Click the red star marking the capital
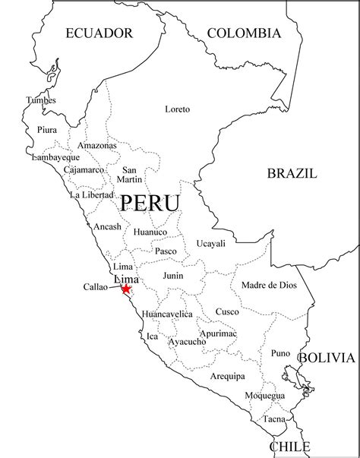click(x=125, y=289)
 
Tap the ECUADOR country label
click(x=99, y=33)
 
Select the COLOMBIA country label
click(x=244, y=33)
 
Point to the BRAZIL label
click(x=292, y=173)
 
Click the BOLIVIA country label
click(x=326, y=357)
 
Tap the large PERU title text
click(x=150, y=204)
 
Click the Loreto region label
click(x=177, y=109)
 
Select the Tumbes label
click(x=41, y=100)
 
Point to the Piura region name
click(x=47, y=130)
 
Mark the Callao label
click(x=96, y=287)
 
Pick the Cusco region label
click(x=226, y=311)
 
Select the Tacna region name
click(x=274, y=419)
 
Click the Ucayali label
click(x=210, y=243)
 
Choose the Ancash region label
click(x=107, y=226)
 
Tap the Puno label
click(x=280, y=352)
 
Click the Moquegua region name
click(x=265, y=396)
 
